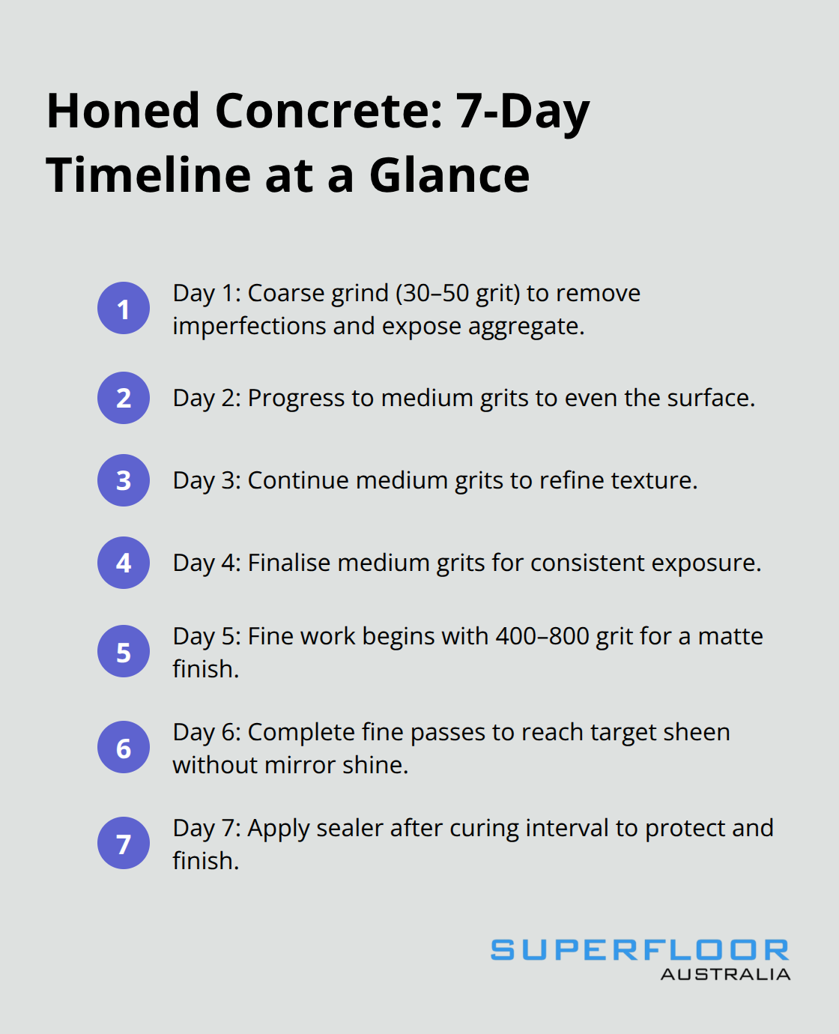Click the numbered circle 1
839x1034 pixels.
tap(124, 308)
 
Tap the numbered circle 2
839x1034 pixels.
tap(124, 398)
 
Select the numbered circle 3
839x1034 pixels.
tap(124, 480)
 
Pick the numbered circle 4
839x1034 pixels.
tap(124, 563)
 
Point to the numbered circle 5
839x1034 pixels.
tap(124, 651)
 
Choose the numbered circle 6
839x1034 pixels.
tap(124, 747)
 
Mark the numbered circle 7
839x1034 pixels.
tap(124, 843)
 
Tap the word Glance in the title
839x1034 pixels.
tap(449, 175)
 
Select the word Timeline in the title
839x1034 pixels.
tap(148, 175)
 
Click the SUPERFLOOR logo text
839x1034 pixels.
tap(640, 950)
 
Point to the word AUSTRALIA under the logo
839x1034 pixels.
tap(725, 974)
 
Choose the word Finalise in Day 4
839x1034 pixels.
tap(289, 563)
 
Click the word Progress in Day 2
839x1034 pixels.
tap(297, 398)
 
